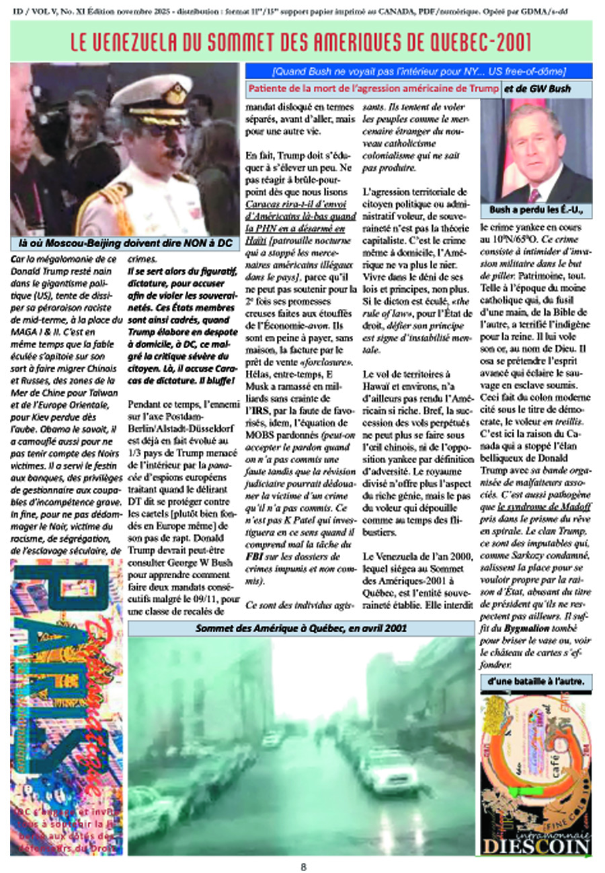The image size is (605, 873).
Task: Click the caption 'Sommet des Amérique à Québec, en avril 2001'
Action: click(302, 628)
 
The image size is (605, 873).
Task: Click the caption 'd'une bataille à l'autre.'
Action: click(536, 682)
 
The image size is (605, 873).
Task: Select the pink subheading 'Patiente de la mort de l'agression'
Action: click(373, 89)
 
